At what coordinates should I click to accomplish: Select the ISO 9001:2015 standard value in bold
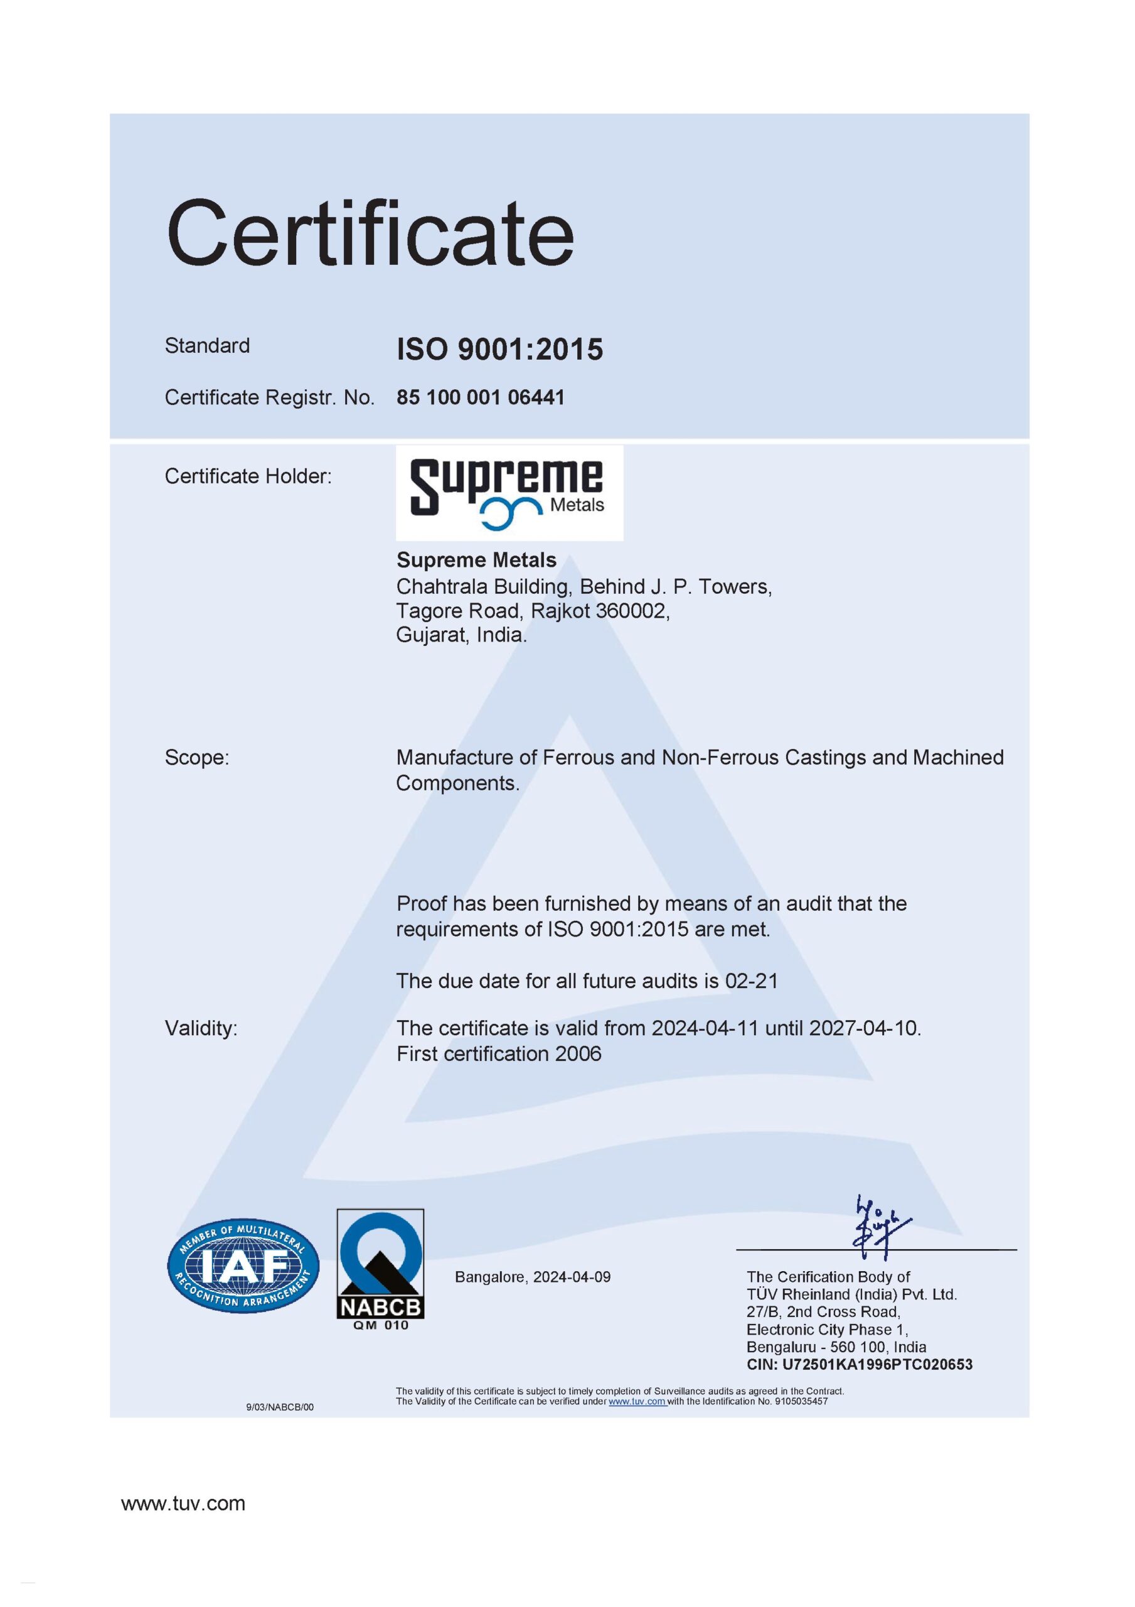(x=499, y=349)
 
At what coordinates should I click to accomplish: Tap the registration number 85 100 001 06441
(x=480, y=397)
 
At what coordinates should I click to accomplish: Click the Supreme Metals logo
(x=509, y=493)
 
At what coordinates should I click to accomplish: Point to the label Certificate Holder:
(x=248, y=476)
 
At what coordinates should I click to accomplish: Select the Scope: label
(x=196, y=757)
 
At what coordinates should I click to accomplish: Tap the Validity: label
(x=201, y=1028)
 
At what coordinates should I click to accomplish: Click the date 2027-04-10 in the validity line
(x=863, y=1028)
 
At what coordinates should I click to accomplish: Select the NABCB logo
(x=380, y=1268)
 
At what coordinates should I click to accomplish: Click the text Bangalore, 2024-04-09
(x=533, y=1277)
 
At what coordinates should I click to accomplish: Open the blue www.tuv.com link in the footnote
(x=636, y=1401)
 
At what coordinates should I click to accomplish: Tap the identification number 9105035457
(x=801, y=1401)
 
